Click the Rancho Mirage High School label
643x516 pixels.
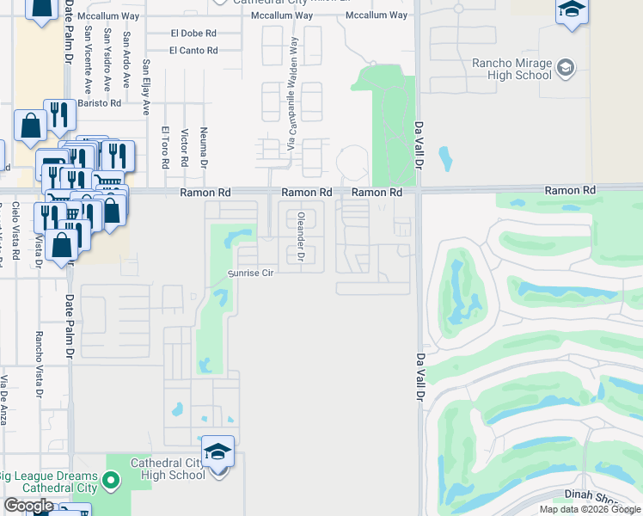512,69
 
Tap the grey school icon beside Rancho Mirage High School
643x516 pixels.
565,68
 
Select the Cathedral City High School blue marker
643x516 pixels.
218,451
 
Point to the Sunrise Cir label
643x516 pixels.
250,273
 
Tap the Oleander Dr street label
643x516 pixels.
301,236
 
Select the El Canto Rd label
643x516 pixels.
193,51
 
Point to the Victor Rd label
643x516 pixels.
185,148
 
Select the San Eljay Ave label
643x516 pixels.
146,87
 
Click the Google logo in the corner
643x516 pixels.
28,507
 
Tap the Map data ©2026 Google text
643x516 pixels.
590,509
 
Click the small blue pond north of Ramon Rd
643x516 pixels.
445,158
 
